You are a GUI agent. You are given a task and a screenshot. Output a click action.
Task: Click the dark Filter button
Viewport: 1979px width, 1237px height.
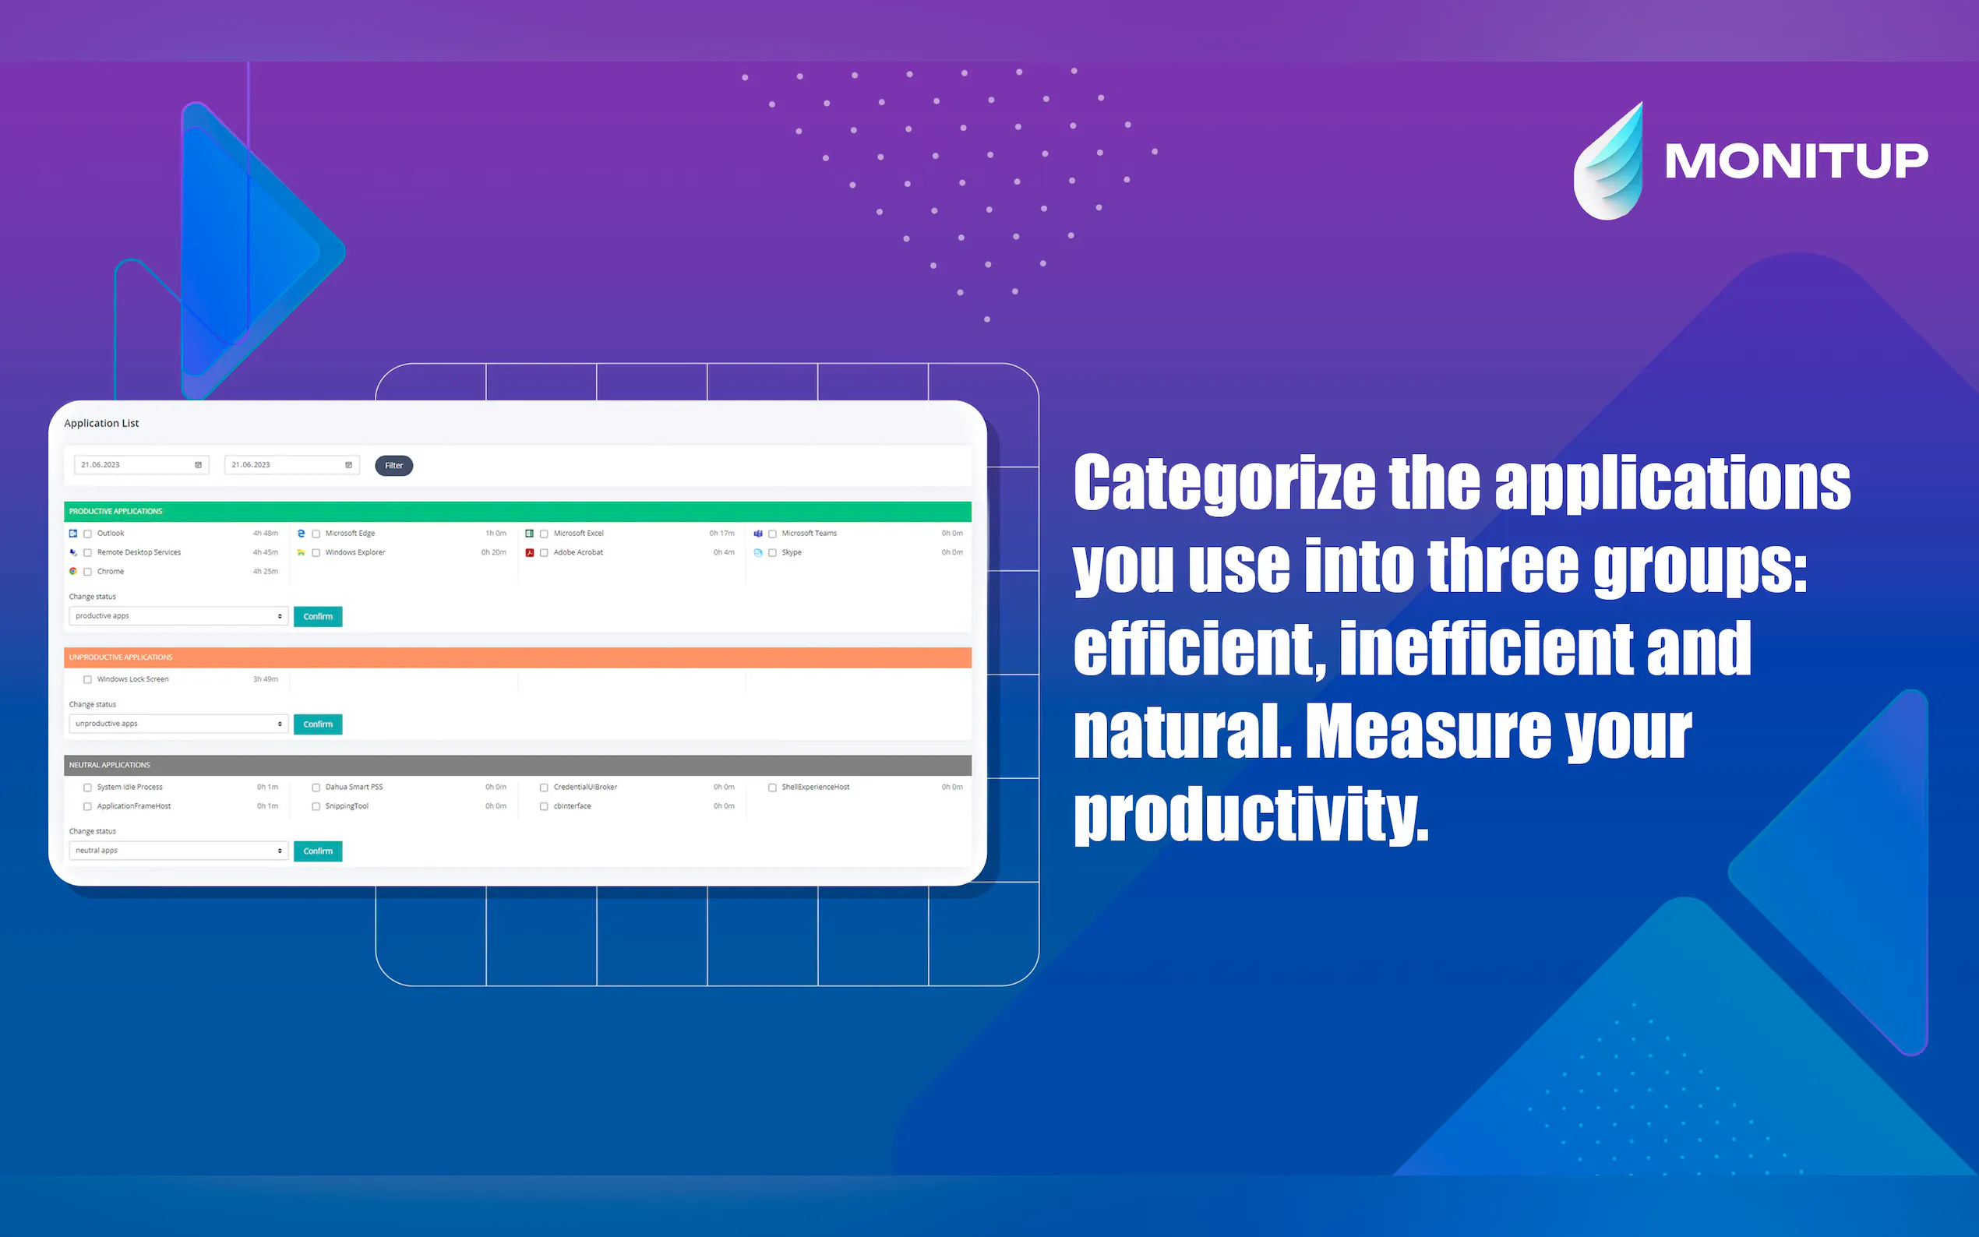[x=393, y=466]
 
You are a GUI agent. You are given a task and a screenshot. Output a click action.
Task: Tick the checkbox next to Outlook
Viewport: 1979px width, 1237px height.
[x=87, y=534]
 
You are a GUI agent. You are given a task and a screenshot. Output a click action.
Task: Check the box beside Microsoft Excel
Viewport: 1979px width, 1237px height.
[x=544, y=534]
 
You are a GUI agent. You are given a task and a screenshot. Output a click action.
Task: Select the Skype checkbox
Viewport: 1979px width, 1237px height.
[x=772, y=553]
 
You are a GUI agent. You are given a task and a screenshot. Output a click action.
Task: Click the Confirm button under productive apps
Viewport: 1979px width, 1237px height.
[x=318, y=617]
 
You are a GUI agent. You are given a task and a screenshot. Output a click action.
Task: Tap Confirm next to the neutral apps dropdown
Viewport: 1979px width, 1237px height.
[x=318, y=851]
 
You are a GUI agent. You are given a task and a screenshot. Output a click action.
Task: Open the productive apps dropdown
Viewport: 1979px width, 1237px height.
[x=178, y=616]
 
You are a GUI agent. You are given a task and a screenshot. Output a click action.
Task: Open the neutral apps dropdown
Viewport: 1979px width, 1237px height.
[x=178, y=851]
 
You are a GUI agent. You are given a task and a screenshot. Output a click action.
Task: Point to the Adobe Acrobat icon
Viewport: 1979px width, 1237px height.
[x=530, y=552]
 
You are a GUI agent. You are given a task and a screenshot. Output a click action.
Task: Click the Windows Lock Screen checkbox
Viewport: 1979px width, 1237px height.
[x=87, y=680]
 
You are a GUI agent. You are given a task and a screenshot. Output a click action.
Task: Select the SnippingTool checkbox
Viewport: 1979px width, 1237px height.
[x=316, y=807]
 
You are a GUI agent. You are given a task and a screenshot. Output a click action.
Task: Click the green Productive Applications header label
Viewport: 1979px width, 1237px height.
[x=115, y=511]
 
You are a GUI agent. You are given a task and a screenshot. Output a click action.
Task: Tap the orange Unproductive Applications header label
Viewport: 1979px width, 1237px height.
[x=121, y=657]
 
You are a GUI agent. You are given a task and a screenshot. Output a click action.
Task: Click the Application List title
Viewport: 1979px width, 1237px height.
[x=101, y=423]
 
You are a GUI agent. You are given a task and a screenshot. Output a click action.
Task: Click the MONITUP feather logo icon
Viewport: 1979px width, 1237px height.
[x=1609, y=161]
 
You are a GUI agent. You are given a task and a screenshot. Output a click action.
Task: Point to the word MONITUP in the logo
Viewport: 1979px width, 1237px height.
[x=1797, y=160]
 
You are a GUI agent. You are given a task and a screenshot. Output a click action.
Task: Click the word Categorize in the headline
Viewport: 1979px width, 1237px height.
[x=1225, y=483]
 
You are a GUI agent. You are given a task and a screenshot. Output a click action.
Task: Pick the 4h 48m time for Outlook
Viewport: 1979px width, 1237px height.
[x=266, y=534]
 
